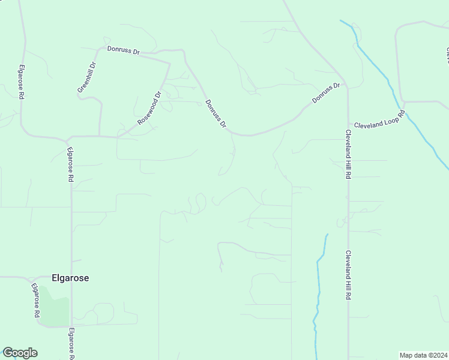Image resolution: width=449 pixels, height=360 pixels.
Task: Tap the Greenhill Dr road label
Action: [x=86, y=77]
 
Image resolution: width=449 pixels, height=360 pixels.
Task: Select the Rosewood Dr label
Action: [x=150, y=108]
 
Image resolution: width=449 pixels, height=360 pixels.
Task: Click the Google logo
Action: [x=20, y=353]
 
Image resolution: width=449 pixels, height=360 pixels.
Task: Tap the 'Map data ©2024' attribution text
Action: [x=424, y=355]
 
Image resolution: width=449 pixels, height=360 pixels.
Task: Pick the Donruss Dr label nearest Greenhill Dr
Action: [x=123, y=50]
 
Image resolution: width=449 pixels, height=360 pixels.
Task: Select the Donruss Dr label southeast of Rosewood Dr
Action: [x=215, y=114]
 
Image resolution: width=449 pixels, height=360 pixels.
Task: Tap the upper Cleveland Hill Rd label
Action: [x=348, y=154]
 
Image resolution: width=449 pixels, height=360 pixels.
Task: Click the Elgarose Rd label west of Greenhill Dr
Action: [x=21, y=82]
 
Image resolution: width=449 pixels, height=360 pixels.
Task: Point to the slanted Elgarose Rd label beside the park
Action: [x=35, y=299]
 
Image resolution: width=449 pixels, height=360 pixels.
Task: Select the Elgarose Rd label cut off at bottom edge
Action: [x=71, y=344]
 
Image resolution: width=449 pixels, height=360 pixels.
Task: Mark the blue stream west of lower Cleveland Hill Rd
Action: [x=319, y=282]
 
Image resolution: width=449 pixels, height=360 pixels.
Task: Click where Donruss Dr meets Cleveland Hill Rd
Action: [x=347, y=88]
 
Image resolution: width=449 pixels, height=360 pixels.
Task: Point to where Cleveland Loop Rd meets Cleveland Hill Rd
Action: [x=348, y=124]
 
